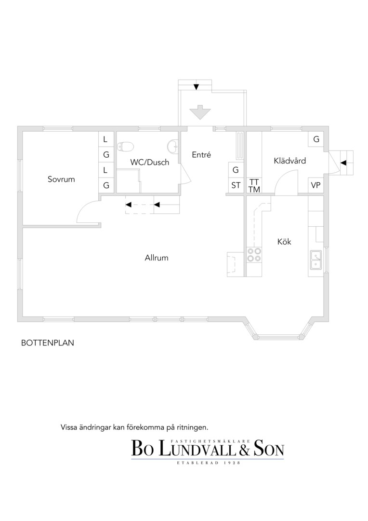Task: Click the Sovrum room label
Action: point(61,179)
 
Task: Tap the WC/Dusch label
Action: point(150,162)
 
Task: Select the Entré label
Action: point(201,154)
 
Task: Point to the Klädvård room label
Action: point(289,161)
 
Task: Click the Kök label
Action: point(284,242)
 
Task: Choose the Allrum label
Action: point(156,258)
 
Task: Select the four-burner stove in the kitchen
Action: point(254,255)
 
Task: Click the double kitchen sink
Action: point(316,260)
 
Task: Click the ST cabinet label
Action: point(236,185)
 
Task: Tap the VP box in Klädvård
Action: point(315,185)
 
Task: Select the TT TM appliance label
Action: point(254,186)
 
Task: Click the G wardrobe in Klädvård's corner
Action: point(316,139)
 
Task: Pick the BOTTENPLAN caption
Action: point(48,343)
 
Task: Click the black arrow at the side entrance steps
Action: point(343,163)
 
